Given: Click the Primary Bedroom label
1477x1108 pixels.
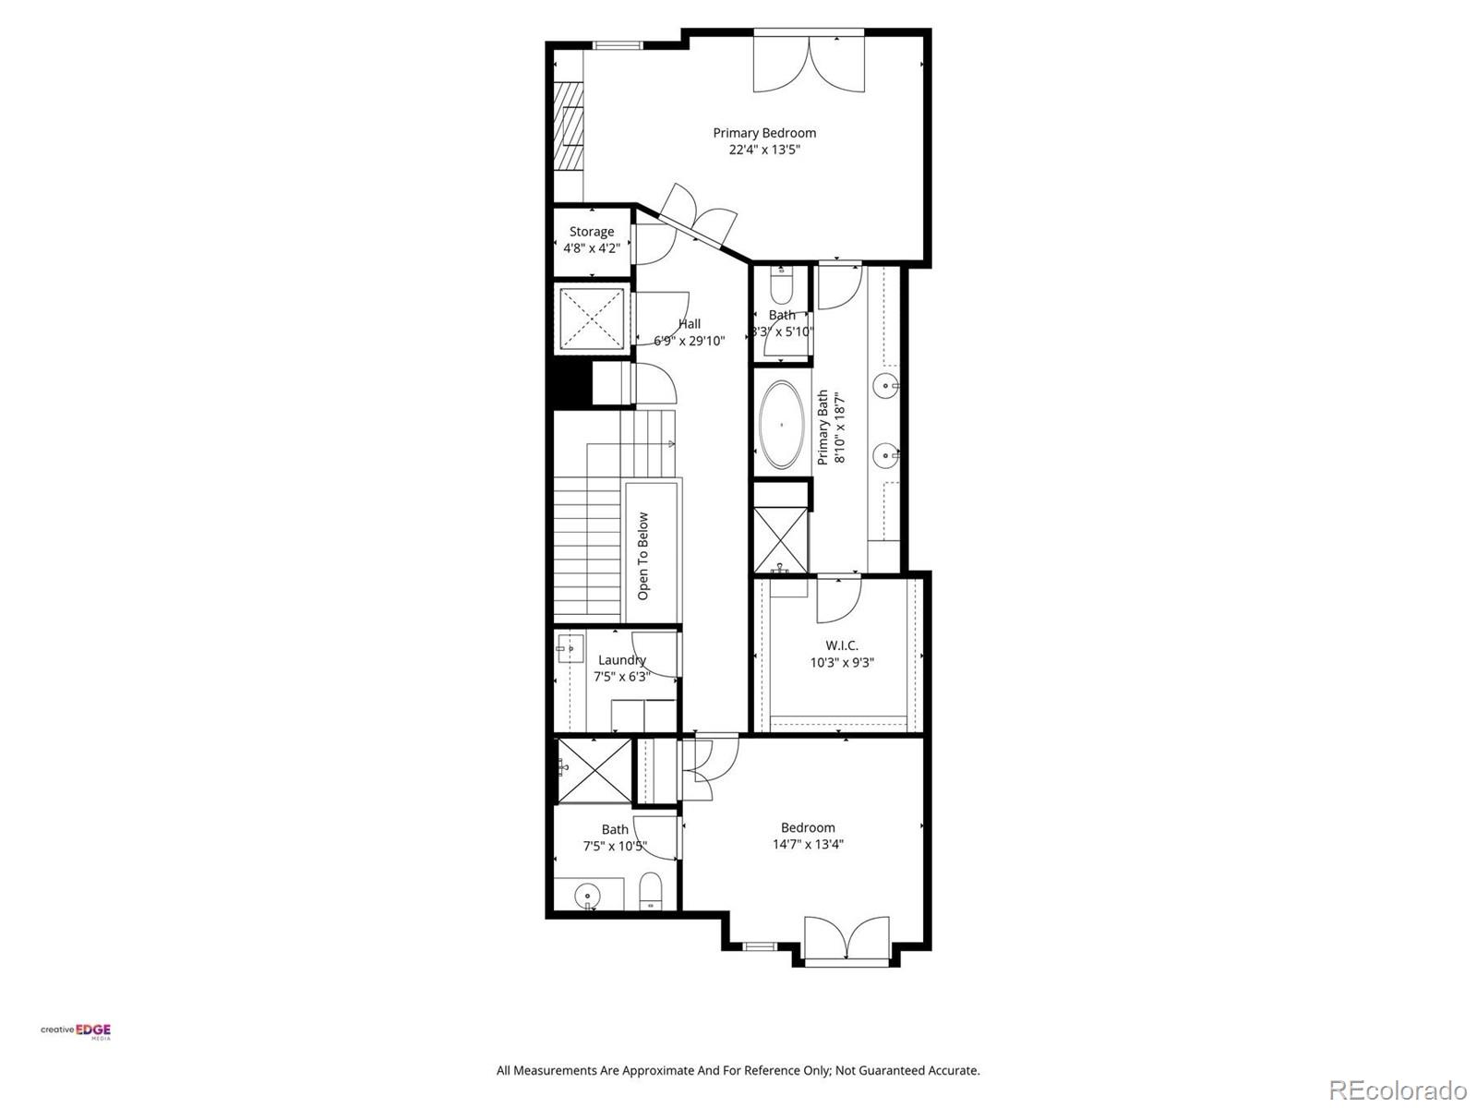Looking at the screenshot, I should [x=763, y=133].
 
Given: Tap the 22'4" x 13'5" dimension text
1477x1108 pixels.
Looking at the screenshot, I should [x=763, y=150].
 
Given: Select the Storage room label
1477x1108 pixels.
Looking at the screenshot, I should [x=592, y=232].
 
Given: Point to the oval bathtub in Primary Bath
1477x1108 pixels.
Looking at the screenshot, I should [x=782, y=425].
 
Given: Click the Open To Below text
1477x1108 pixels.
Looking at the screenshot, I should [x=643, y=556].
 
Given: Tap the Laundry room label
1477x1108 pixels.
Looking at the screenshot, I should [x=621, y=659].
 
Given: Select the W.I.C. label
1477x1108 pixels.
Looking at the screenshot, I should [x=841, y=645].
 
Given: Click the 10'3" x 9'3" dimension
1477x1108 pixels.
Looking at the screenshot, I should [x=841, y=662].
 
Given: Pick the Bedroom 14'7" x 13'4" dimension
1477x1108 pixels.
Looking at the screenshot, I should [x=808, y=844].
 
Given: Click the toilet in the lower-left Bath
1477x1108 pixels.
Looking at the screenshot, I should [x=651, y=891].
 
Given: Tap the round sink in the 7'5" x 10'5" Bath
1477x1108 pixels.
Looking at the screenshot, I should [x=588, y=895].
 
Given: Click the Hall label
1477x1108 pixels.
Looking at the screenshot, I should [x=690, y=324].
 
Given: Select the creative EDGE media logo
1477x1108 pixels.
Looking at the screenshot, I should [x=76, y=1031].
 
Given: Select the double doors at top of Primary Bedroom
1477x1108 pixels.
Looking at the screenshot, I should [x=810, y=63].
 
